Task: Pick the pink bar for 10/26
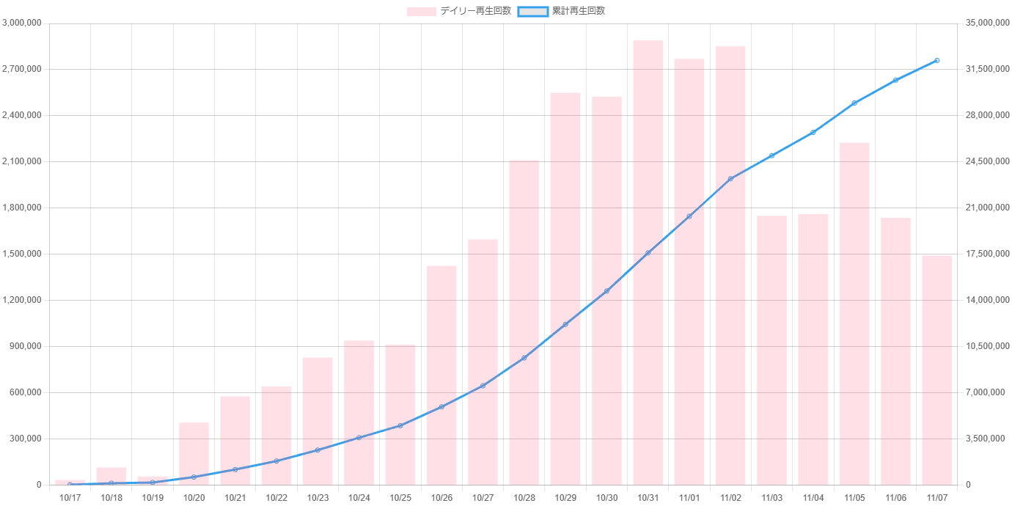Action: [x=441, y=375]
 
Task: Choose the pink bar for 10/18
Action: [x=111, y=476]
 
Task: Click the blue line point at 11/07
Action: [x=937, y=60]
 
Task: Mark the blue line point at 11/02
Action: [x=730, y=178]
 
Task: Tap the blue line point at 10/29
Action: [x=565, y=323]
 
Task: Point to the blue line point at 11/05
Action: [x=854, y=103]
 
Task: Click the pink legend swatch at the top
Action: [x=422, y=11]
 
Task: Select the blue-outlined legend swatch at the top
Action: [x=532, y=11]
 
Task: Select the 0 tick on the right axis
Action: [x=969, y=485]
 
